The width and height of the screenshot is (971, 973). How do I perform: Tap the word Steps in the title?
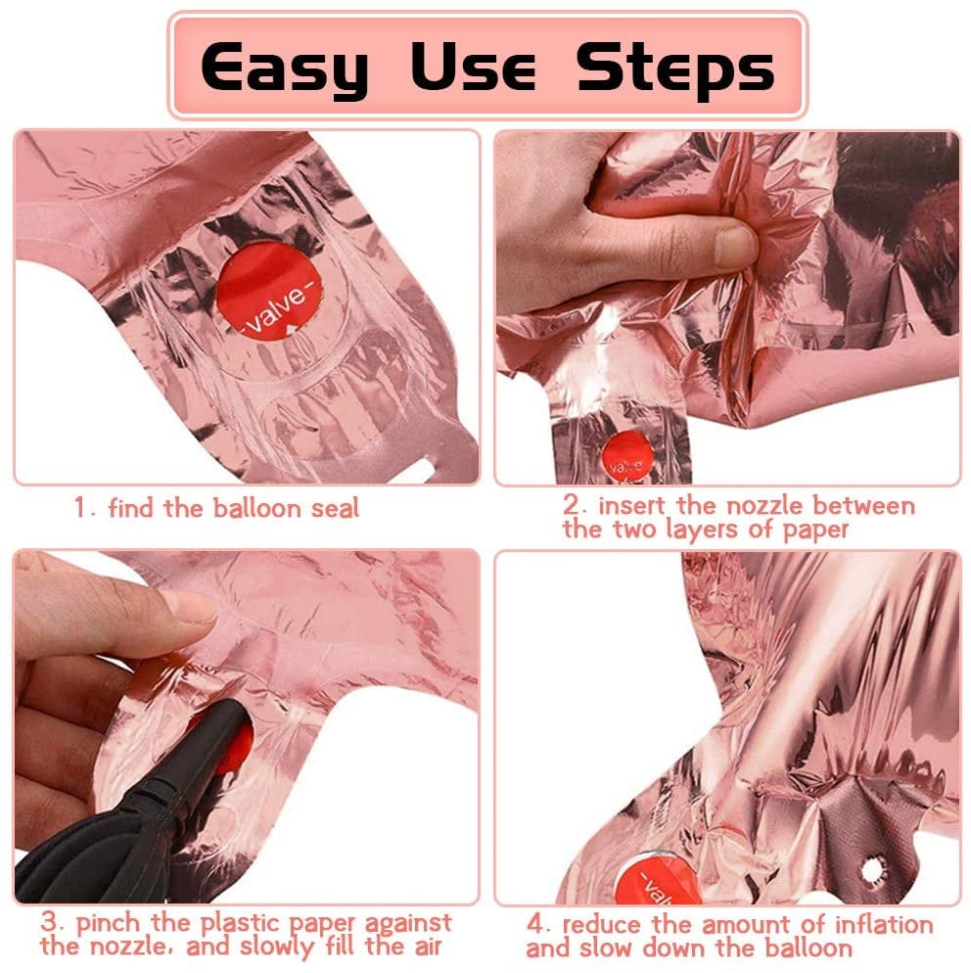coord(675,69)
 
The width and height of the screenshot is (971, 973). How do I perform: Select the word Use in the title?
coord(473,66)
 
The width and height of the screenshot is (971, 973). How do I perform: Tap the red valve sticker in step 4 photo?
coord(659,879)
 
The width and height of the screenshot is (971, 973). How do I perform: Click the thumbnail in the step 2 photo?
coord(734,247)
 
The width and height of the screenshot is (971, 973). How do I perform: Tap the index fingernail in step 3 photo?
coord(186,606)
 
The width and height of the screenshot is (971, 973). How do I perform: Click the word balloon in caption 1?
coord(256,508)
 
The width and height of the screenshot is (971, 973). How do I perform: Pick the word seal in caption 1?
coord(335,508)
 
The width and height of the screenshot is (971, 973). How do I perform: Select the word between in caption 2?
coord(863,506)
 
